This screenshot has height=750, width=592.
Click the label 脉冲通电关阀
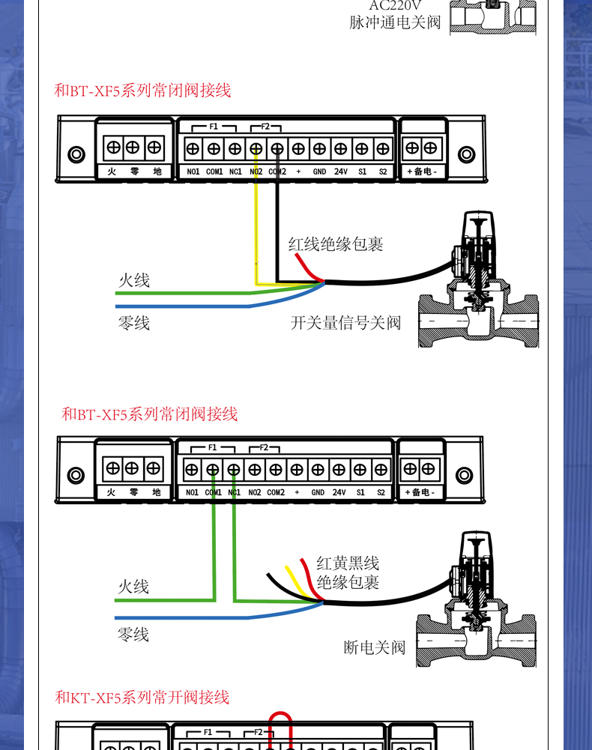395,22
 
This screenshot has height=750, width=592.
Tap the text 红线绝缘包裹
336,244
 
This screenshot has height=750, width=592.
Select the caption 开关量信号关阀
346,323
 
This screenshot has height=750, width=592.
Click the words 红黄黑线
348,563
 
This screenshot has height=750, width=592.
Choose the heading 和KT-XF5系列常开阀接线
142,698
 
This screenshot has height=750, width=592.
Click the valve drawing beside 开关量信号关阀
477,285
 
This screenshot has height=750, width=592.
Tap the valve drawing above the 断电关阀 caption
475,599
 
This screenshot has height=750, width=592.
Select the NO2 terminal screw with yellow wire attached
256,148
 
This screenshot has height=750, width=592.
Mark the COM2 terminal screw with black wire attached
277,148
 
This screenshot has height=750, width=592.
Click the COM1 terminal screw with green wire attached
213,470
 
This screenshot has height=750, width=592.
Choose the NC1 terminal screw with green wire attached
234,470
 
